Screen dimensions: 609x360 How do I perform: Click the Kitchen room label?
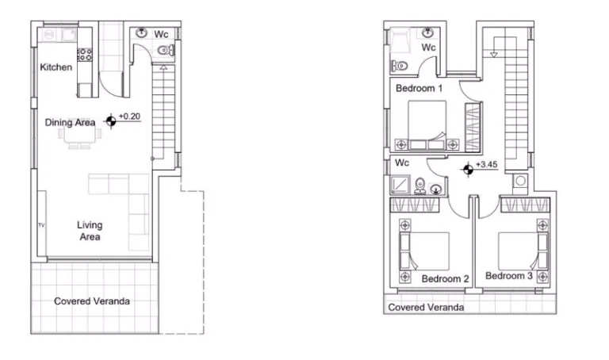click(56, 67)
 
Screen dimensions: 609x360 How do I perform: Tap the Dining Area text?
click(70, 122)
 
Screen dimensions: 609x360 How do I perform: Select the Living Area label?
click(90, 231)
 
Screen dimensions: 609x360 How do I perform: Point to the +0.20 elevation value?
click(129, 116)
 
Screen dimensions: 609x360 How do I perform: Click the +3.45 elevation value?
click(487, 164)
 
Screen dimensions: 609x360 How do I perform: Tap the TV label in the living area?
click(41, 225)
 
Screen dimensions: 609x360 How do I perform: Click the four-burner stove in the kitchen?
click(84, 55)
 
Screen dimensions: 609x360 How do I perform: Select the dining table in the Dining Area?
click(79, 134)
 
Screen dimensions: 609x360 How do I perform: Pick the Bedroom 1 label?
click(419, 88)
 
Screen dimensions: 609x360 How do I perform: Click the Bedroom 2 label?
click(445, 279)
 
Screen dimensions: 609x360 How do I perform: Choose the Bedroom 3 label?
click(509, 276)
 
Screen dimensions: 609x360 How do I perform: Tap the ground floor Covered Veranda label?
click(92, 301)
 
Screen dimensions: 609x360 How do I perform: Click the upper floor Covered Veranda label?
click(426, 307)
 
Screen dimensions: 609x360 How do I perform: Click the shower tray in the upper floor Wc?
click(400, 185)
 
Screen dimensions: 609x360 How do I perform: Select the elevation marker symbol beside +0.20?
click(111, 121)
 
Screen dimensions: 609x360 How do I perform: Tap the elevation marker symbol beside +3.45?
click(468, 170)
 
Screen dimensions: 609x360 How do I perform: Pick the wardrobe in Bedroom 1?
click(473, 127)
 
